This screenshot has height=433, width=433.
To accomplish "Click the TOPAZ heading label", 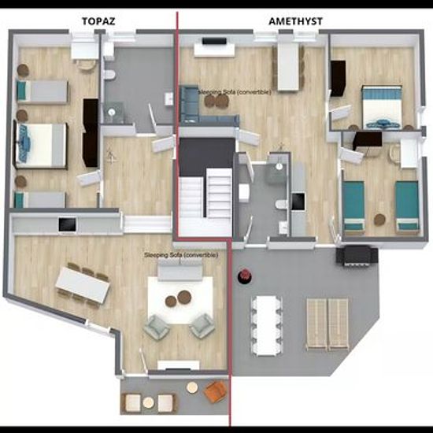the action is pos(98,21).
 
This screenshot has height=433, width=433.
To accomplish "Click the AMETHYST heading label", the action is pos(295,21).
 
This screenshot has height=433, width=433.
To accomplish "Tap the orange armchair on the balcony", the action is pos(215,391).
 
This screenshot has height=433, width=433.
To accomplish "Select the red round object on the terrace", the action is pos(244,276).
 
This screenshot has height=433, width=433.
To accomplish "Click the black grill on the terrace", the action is pos(357,255).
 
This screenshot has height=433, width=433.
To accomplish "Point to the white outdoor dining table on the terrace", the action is pos(266,325).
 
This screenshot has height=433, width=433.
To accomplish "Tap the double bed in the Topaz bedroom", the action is pos(41,146).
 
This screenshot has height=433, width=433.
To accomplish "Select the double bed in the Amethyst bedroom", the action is pos(382,107).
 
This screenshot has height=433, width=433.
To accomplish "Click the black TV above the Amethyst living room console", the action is pos(214,41).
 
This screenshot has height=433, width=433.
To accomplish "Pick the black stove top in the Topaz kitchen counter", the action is pos(68,224).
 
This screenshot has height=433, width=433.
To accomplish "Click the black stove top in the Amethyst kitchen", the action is pos(298,202).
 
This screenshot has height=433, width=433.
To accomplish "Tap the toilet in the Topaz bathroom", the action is pos(109,75).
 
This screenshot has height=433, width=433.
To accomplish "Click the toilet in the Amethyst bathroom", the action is pos(281,205).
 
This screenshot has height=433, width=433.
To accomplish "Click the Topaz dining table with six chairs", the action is pos(83,285).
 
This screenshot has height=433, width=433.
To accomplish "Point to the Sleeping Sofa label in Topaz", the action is pos(181,255).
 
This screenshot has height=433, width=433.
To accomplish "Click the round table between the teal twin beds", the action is pos(379,220).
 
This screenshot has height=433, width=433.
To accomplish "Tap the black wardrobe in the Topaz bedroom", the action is pos(91,133).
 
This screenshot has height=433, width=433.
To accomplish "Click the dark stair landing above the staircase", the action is pos(206,154).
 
